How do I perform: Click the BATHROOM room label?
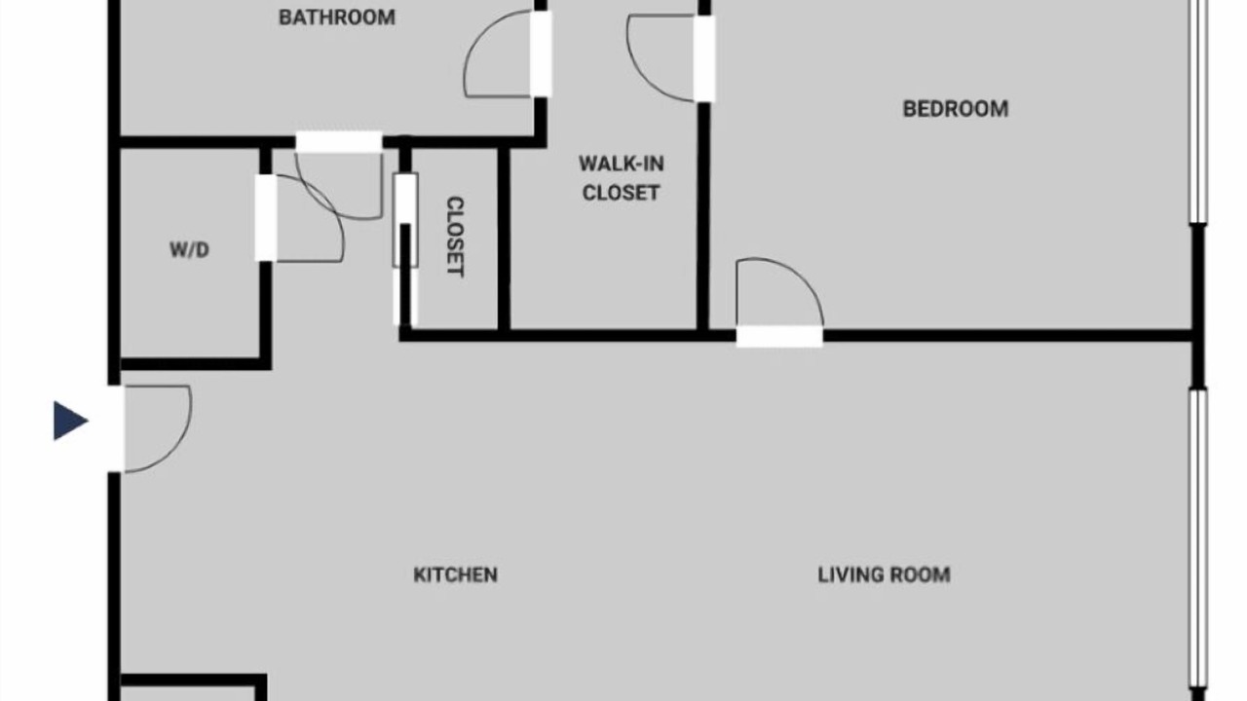337,18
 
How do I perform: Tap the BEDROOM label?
956,109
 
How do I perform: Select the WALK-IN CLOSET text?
621,178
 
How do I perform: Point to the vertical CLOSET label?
455,237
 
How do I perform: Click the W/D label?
190,250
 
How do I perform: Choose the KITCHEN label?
455,574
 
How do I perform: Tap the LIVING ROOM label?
884,574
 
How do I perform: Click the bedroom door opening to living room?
779,336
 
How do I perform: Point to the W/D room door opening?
266,217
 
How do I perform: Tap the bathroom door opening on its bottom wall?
338,142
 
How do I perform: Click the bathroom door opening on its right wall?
541,54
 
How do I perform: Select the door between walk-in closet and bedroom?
704,58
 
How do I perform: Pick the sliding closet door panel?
405,221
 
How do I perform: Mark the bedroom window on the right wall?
1197,111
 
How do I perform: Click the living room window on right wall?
1197,544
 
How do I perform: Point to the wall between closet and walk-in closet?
504,240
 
